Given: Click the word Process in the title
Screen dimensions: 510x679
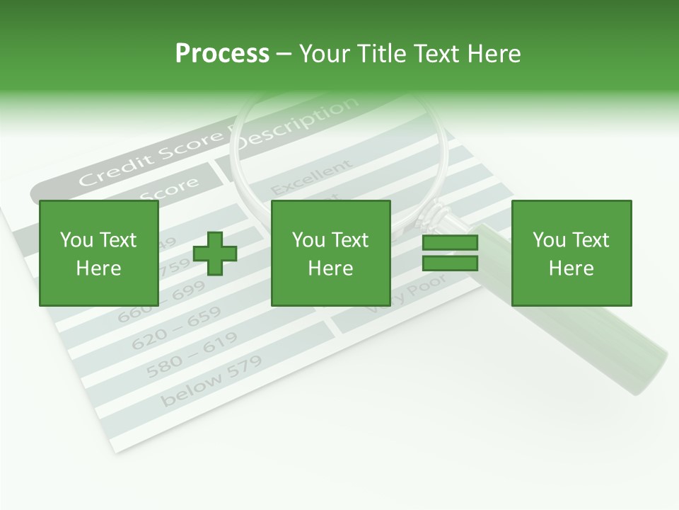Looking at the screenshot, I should pos(222,54).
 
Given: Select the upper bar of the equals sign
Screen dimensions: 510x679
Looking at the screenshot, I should pos(450,243).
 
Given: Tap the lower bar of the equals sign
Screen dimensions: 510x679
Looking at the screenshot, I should pos(450,263).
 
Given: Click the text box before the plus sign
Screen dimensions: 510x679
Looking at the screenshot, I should pos(98,253).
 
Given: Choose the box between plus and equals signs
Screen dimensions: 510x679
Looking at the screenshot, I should pos(330,253).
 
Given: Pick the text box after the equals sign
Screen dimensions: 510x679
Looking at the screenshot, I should pos(571,253).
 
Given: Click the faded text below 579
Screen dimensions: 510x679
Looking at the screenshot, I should pos(211,380).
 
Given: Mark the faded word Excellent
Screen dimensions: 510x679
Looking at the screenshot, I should pos(311,178).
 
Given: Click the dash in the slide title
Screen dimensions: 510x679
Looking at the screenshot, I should pos(284,54).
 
